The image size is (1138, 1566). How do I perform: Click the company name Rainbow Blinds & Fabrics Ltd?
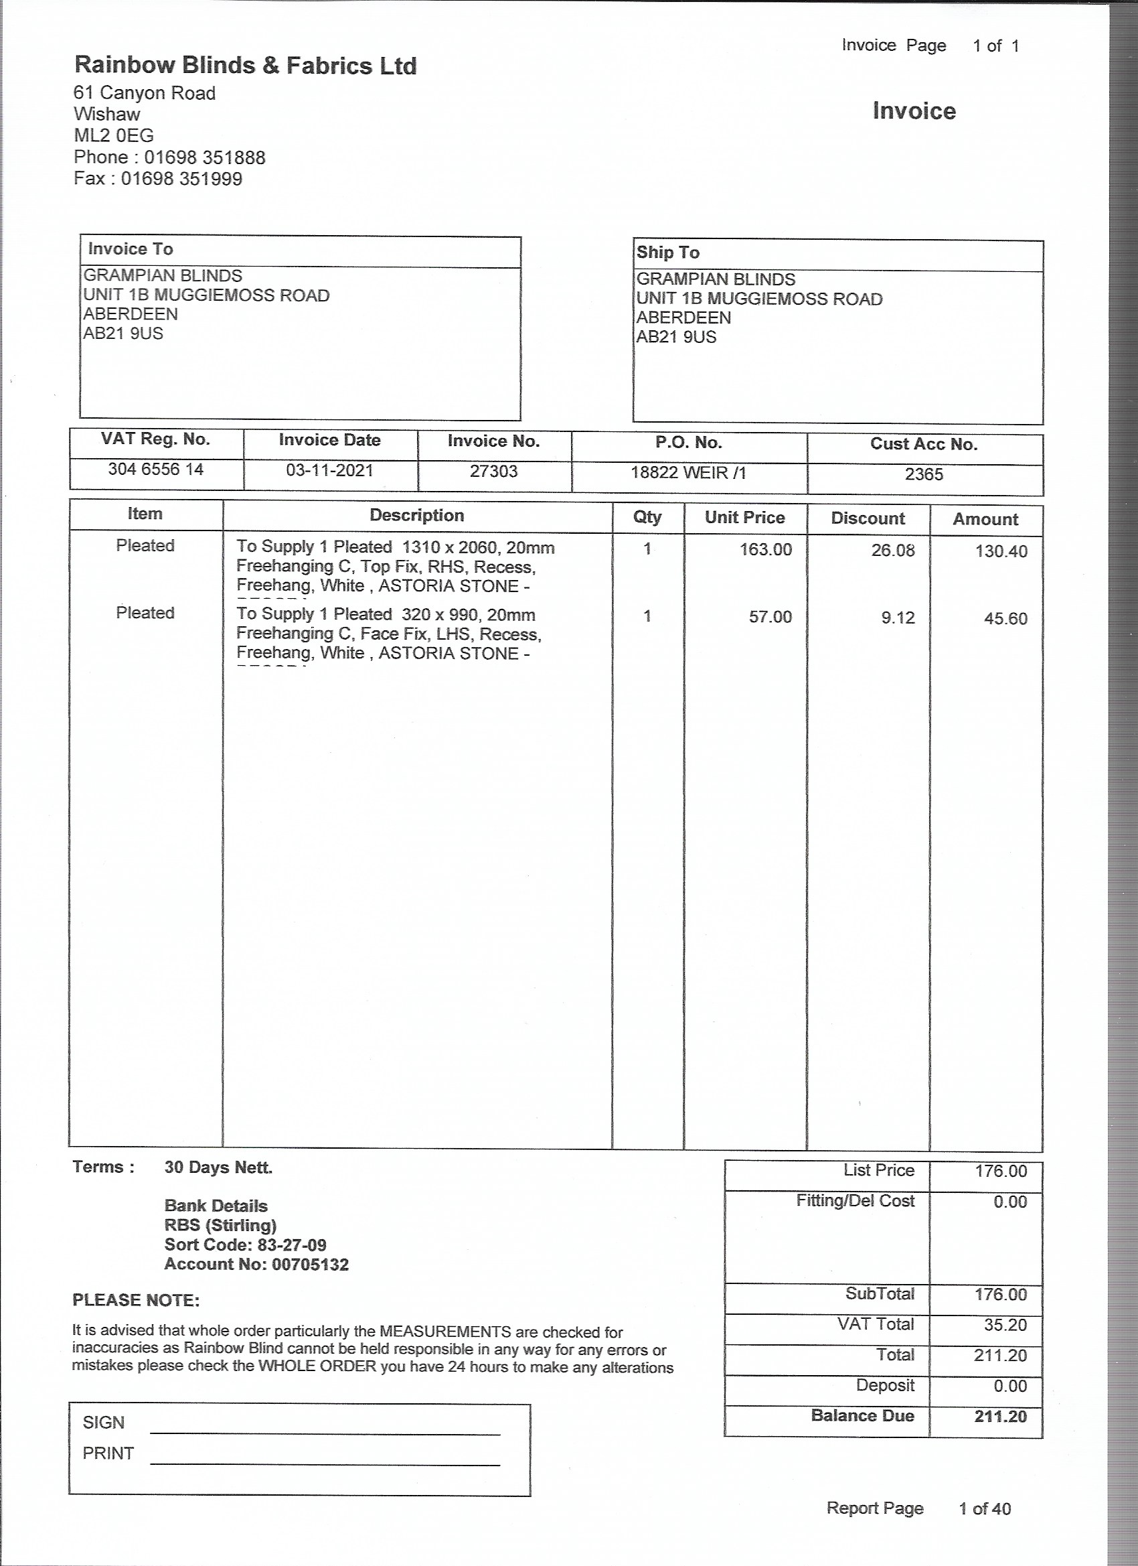(245, 66)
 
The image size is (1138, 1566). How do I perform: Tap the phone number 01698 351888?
(204, 157)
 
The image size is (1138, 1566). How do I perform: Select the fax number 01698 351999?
(181, 179)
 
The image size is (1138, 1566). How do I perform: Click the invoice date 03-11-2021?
(329, 470)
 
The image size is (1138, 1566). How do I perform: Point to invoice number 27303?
(493, 471)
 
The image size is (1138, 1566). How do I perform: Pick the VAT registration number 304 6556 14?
(156, 470)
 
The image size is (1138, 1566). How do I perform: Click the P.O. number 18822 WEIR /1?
(688, 472)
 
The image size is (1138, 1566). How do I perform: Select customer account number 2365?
(923, 474)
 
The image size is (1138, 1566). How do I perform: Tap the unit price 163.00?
(765, 550)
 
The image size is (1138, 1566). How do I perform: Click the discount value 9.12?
(897, 618)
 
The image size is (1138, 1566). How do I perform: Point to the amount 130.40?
(1001, 551)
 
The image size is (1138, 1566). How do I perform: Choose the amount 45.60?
(1005, 618)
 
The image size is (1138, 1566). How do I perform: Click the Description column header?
(416, 515)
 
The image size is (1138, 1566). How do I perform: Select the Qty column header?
(647, 516)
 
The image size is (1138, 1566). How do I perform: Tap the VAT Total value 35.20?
(1000, 1324)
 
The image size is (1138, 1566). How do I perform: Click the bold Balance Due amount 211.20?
(1000, 1416)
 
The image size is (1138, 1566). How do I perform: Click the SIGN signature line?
(325, 1433)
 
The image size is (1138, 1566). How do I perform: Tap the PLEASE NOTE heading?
(136, 1300)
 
